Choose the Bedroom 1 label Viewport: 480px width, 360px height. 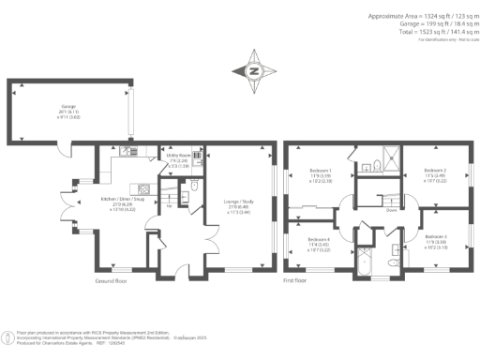[321, 172]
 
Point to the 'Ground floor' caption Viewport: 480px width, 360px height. [112, 279]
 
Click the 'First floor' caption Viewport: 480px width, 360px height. [297, 279]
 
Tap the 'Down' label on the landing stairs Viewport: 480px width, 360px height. [387, 210]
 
